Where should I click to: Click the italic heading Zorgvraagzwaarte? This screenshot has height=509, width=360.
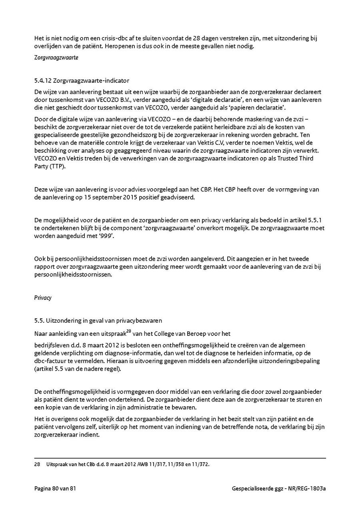coord(56,58)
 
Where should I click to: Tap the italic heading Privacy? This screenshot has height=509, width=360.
coord(43,298)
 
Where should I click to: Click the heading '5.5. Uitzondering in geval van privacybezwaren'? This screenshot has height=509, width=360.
coord(98,321)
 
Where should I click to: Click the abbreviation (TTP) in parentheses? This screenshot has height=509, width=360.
coord(55,166)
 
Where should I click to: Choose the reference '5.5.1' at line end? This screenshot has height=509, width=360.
coord(316,220)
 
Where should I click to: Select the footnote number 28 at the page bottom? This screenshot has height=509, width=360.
coord(37,465)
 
